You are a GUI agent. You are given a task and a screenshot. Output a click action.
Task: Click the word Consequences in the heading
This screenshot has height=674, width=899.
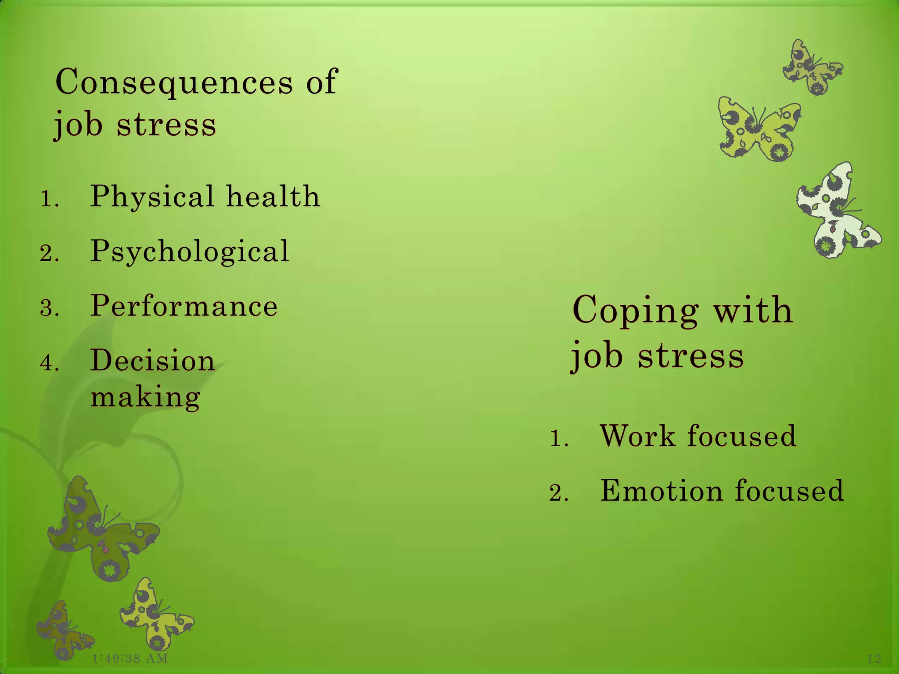click(174, 82)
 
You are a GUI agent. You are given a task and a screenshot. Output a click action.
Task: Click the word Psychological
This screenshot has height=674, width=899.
click(190, 251)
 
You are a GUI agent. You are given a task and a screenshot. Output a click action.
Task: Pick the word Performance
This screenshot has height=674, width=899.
click(184, 306)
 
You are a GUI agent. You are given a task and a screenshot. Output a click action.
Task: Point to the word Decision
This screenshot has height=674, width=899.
click(152, 361)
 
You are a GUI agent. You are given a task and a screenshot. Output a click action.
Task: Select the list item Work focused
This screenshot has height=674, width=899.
click(698, 436)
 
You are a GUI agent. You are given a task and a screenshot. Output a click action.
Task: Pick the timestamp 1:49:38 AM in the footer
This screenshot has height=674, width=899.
click(130, 658)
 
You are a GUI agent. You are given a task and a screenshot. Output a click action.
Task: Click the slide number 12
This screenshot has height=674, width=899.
click(874, 658)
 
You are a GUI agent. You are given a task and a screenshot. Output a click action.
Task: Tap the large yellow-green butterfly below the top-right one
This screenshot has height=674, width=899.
click(759, 129)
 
